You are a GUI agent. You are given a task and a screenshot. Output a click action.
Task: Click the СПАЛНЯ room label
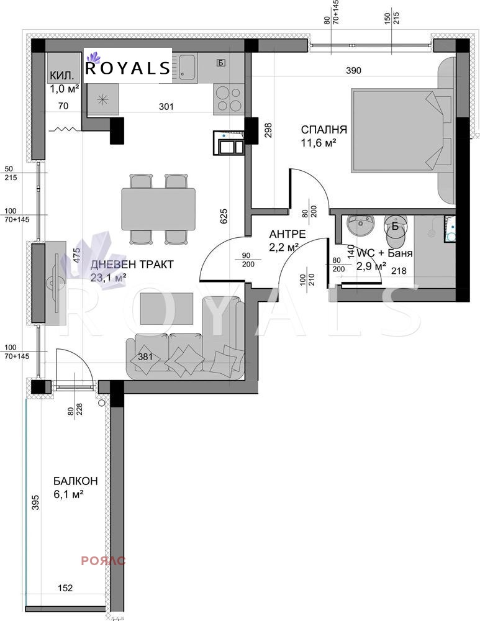coord(324,130)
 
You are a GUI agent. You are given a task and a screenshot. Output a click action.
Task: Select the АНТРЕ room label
coord(287,234)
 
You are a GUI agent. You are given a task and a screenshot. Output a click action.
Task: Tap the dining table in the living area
coord(158,209)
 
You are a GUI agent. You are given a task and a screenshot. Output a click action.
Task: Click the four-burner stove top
coord(230,97)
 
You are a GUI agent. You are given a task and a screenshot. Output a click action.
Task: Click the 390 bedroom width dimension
coord(353,71)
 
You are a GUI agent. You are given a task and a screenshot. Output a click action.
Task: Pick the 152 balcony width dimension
coord(65,588)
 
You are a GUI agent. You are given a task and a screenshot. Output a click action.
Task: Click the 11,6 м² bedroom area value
coord(319,143)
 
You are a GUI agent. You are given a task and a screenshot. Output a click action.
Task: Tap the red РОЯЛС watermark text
coord(103,561)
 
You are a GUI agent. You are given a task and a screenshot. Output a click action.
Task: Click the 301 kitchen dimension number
coord(166,106)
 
